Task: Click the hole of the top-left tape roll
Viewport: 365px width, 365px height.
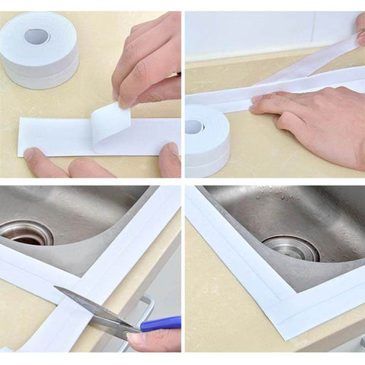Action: (x=36, y=36)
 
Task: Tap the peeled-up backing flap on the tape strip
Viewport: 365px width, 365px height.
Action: (x=109, y=121)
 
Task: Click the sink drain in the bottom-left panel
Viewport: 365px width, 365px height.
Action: (x=27, y=232)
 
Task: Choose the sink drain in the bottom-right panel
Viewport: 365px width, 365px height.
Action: (x=290, y=247)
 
